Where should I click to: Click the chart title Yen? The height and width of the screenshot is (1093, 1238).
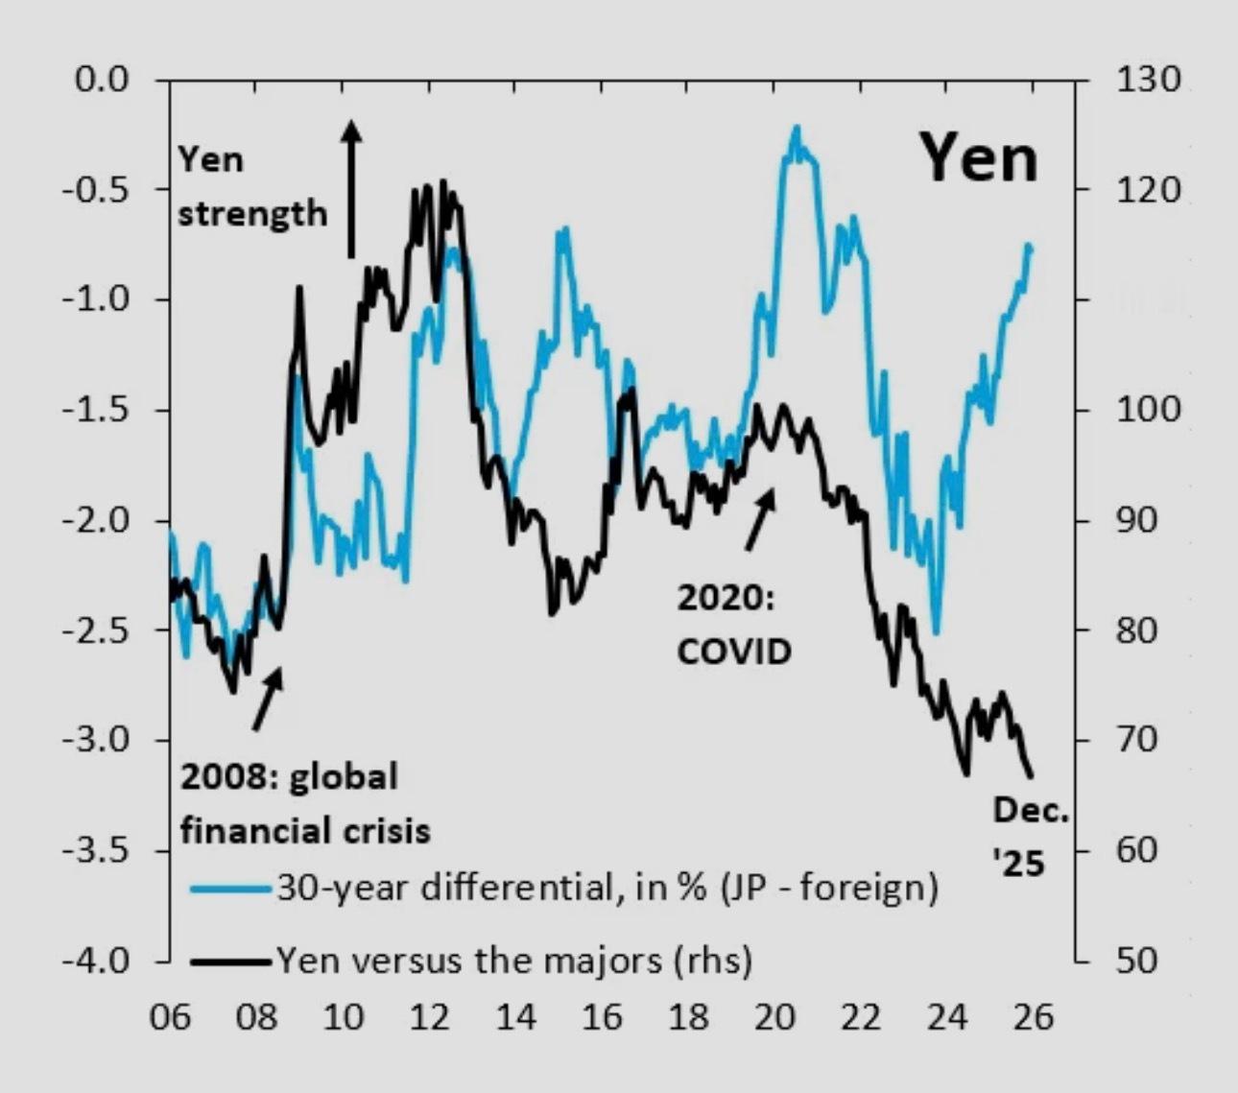(x=979, y=159)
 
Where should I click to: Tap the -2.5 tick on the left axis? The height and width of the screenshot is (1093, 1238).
(x=96, y=630)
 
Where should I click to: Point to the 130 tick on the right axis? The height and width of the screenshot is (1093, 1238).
(x=1148, y=79)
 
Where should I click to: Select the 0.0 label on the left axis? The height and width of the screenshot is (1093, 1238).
(x=102, y=79)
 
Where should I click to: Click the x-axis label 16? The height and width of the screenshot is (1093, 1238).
(x=602, y=1016)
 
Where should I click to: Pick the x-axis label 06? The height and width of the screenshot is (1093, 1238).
(x=170, y=1016)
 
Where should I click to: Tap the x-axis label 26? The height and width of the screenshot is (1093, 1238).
(x=1033, y=1016)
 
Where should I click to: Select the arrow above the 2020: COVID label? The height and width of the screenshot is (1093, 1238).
(x=760, y=519)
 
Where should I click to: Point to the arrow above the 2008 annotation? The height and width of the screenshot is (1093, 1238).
(x=268, y=698)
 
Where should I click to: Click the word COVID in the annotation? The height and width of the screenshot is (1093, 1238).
(x=734, y=652)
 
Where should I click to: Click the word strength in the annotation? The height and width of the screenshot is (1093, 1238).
(x=252, y=213)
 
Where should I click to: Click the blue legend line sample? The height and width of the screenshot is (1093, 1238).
(x=229, y=889)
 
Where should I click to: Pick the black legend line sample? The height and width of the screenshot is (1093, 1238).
(x=229, y=960)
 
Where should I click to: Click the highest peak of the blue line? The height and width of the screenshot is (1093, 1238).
(x=796, y=129)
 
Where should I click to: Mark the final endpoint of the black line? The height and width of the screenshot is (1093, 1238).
(x=1032, y=776)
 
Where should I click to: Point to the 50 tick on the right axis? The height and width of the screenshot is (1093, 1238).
(x=1138, y=961)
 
